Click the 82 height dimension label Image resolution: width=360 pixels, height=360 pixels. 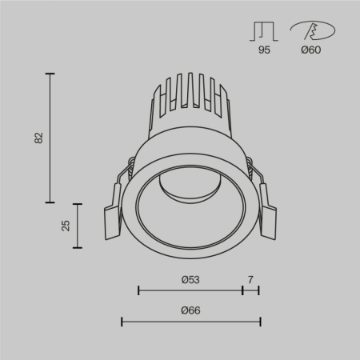click(x=38, y=138)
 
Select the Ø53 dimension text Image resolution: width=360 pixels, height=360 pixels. click(x=190, y=279)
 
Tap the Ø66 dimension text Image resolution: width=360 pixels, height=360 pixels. click(x=190, y=310)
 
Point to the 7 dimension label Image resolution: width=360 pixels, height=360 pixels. click(x=250, y=279)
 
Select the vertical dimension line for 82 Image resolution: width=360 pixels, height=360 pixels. click(x=51, y=138)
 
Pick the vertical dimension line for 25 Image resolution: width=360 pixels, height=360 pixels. click(x=78, y=225)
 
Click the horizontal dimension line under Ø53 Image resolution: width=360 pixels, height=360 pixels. click(x=190, y=290)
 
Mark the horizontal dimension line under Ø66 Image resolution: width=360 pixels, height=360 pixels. click(x=190, y=321)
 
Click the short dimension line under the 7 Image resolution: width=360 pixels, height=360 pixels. click(x=250, y=290)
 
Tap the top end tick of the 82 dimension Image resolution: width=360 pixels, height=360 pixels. click(x=51, y=74)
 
